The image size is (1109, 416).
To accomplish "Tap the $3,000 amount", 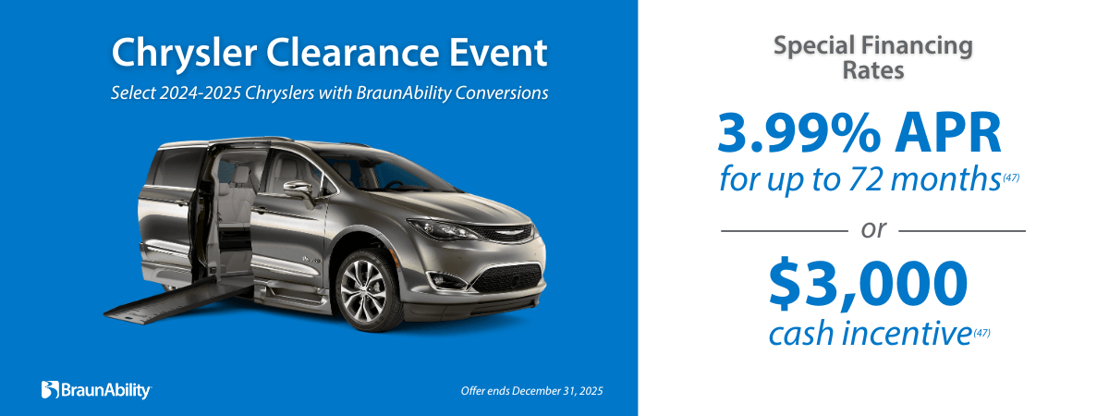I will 868,284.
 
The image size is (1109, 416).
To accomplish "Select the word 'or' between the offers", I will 873,229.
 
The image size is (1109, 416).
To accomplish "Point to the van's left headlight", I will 441,227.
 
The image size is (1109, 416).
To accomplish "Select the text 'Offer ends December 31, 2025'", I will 531,391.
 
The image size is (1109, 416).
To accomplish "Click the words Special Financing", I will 873,45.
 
